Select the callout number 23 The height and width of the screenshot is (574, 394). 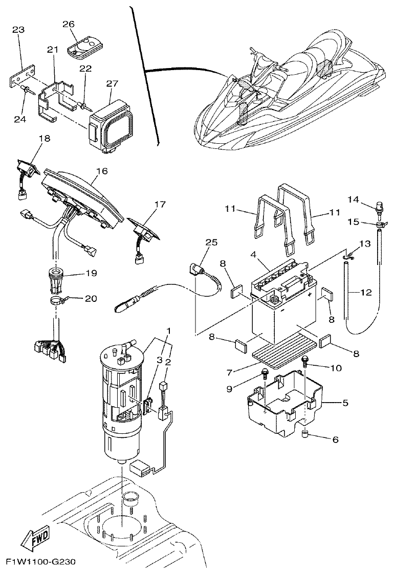[x=18, y=30]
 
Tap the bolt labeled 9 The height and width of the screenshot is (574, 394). [x=266, y=374]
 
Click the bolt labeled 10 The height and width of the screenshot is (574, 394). [x=305, y=361]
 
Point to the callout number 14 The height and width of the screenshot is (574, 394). [x=353, y=198]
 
